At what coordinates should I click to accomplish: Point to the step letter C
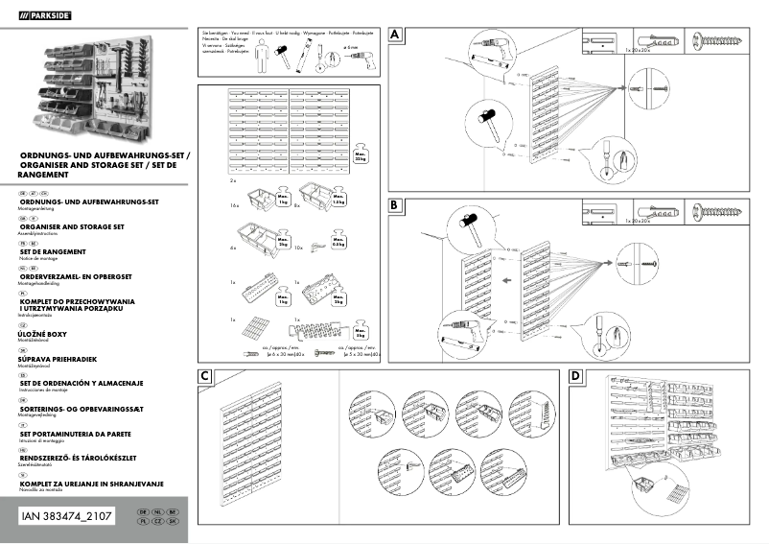(205, 377)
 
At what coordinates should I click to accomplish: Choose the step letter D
(575, 377)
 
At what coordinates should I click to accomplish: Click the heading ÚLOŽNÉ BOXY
(50, 333)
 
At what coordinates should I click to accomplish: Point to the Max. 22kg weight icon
(361, 156)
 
